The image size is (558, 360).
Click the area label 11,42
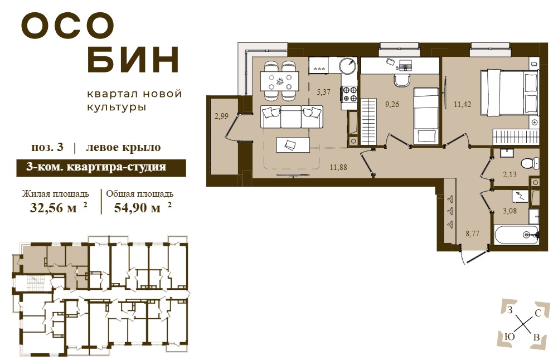coord(462,105)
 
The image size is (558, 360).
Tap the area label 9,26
coord(392,105)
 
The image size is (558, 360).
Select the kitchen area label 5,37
coord(323,92)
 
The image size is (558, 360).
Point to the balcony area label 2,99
coord(221,115)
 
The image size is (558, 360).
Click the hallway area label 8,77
coord(473,233)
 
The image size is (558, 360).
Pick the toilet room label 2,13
coord(510,174)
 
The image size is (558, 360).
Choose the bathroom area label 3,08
coord(510,211)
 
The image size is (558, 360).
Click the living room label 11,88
coord(338,167)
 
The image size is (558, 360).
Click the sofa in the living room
coord(292,116)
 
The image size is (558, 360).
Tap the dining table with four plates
coord(280,81)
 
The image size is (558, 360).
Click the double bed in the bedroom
coord(509,93)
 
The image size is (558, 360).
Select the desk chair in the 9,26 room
coord(402,80)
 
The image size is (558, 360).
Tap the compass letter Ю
coord(510,337)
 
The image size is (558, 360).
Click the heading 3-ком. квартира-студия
coord(96,167)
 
